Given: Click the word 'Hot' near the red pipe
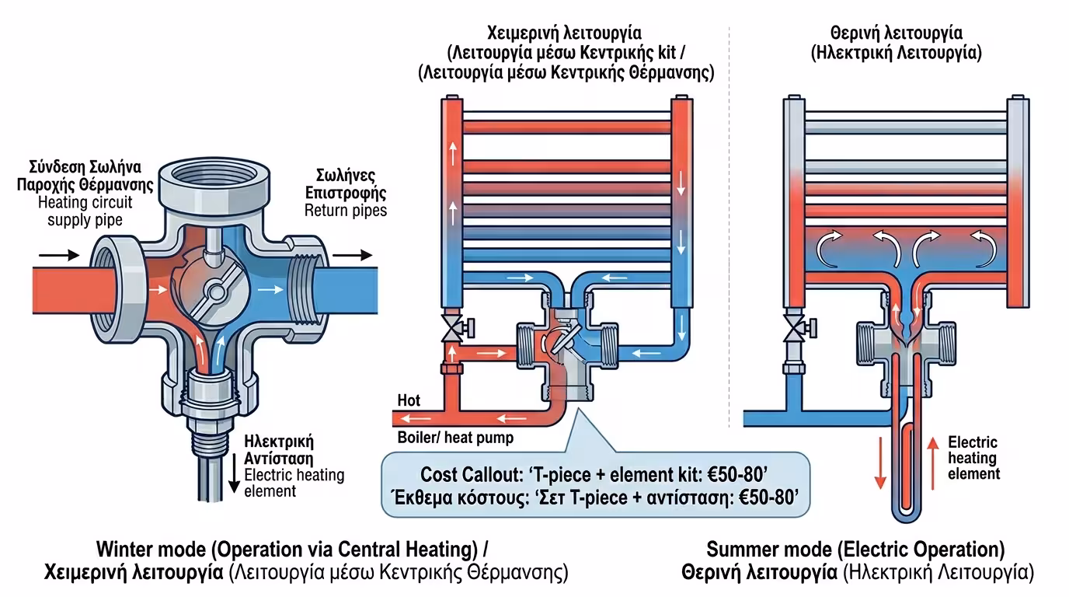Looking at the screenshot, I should click(409, 400).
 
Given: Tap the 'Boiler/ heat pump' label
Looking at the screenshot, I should click(455, 438).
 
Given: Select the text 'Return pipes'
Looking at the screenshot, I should click(345, 210).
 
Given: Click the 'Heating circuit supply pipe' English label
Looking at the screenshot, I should click(85, 211).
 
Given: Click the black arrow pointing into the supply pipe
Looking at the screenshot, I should click(61, 254).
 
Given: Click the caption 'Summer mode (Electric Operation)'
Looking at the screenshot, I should click(855, 550).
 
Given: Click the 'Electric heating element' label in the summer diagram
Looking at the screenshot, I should click(973, 458).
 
